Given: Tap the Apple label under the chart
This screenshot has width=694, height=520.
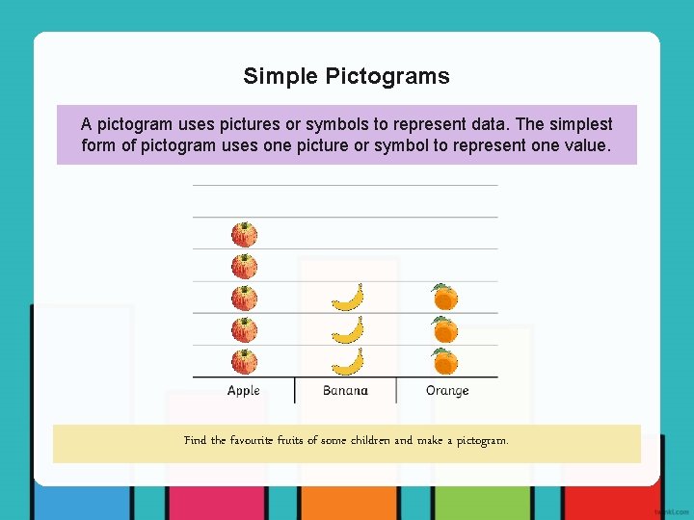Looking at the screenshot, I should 244,390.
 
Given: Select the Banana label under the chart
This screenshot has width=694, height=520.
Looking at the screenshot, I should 345,390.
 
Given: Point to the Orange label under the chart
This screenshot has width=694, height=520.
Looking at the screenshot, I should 447,390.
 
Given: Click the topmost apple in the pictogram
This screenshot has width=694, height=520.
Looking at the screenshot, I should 244,234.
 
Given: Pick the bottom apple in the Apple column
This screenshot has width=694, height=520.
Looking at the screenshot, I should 244,361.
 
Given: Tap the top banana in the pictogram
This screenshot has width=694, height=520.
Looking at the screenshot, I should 348,298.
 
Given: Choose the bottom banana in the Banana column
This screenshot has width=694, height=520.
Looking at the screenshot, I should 348,361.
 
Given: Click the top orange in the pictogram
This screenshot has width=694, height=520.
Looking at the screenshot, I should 444,297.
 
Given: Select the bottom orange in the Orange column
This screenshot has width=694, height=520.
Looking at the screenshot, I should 444,361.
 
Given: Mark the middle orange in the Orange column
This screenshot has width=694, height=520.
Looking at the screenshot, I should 444,329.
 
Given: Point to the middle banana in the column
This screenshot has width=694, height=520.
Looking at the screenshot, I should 348,329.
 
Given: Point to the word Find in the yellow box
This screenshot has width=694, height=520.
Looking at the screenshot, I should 195,440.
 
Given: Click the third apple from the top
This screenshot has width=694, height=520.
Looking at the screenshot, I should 244,298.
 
